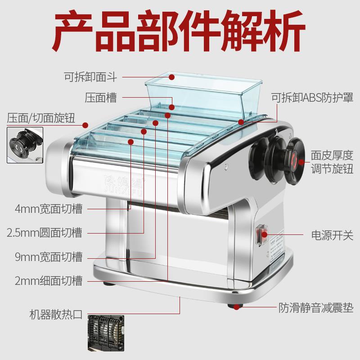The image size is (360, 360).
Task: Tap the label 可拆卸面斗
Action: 90,77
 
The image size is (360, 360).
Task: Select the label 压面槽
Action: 101,98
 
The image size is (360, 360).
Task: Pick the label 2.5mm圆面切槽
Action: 45,233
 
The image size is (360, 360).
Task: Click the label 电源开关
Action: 332,235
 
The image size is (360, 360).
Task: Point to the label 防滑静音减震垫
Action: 315,308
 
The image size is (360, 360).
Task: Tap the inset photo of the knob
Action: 25,145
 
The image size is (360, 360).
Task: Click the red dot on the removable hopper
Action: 171,77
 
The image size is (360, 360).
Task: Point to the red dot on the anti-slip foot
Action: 236,306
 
